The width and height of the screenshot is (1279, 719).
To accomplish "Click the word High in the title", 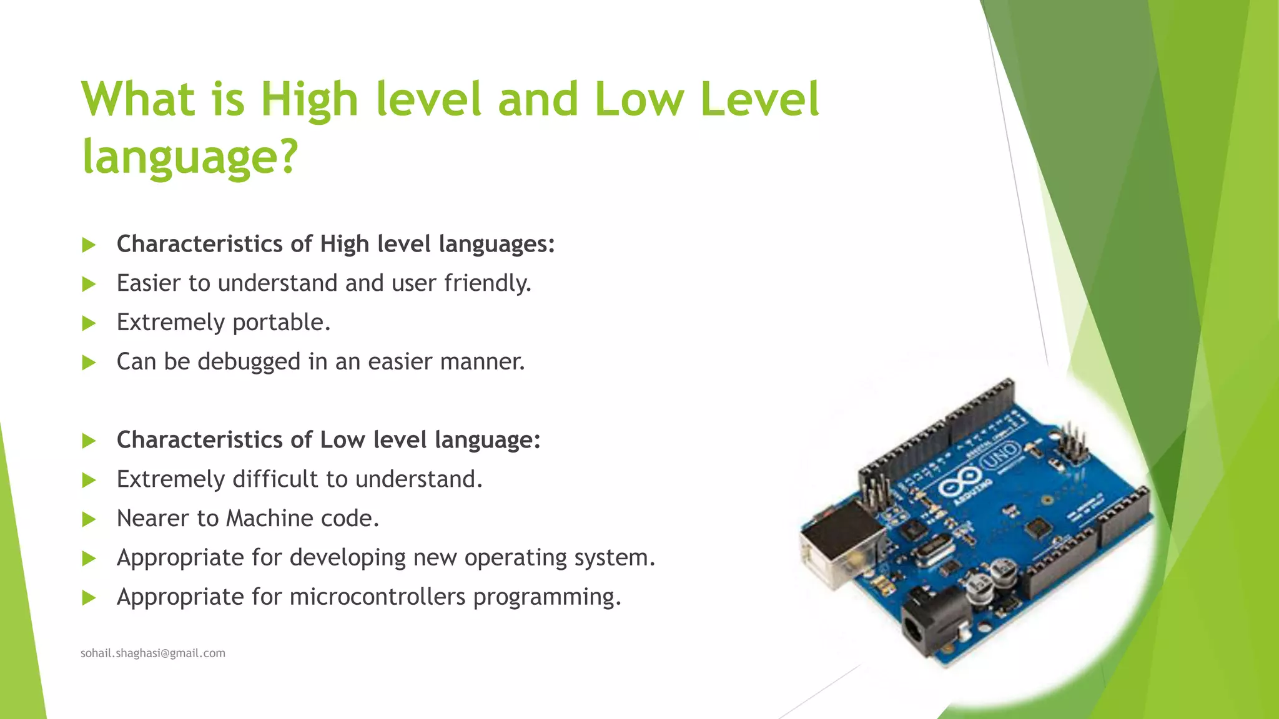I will click(x=309, y=100).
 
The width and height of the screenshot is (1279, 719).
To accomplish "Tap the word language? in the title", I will click(x=190, y=157).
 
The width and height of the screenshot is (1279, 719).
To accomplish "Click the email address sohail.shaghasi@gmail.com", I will click(x=153, y=653).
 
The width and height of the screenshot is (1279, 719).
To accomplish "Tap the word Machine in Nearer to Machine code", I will click(x=269, y=519).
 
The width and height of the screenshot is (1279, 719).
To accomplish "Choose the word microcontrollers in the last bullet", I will click(x=377, y=597).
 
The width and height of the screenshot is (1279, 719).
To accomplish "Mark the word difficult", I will click(x=275, y=479).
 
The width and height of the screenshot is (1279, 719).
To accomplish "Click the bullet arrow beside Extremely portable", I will click(x=89, y=323).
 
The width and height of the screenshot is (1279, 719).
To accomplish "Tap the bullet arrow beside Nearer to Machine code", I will click(x=89, y=519).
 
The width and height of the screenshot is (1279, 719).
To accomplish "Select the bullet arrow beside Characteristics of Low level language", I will click(x=89, y=441).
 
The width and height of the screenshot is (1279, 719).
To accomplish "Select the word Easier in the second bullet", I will click(x=149, y=283).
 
